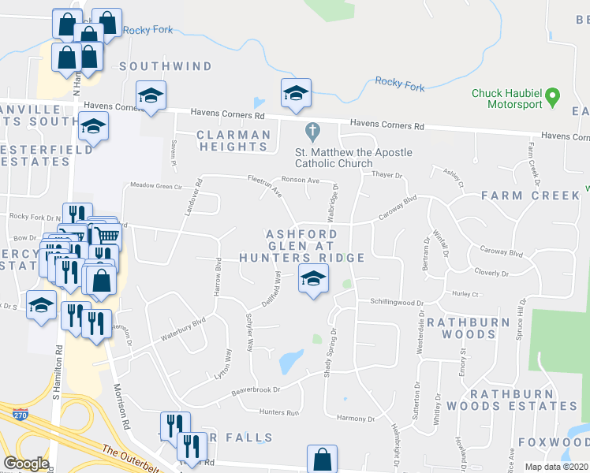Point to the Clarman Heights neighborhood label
233,140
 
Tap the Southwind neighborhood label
166,66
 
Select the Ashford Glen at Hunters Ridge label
314,246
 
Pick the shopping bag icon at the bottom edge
322,459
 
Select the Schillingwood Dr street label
398,302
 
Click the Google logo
26,464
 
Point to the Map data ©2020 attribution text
557,467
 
